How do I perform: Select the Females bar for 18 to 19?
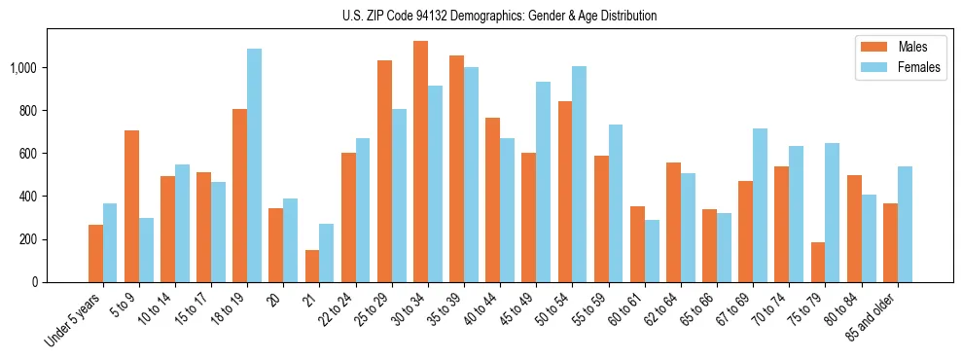pyautogui.click(x=254, y=165)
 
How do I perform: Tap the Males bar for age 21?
pyautogui.click(x=312, y=266)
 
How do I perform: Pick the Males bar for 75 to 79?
pyautogui.click(x=818, y=262)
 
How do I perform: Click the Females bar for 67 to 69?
pyautogui.click(x=761, y=205)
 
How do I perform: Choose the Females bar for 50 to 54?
pyautogui.click(x=580, y=174)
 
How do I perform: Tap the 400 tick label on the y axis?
pyautogui.click(x=31, y=197)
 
